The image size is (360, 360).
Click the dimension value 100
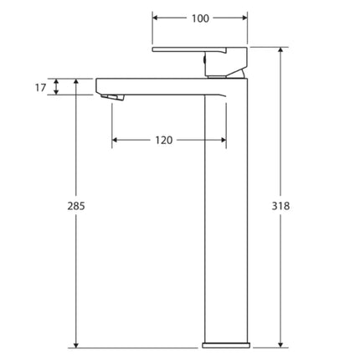200,17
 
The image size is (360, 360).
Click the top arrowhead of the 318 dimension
280,51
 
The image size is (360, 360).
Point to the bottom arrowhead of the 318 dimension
280,342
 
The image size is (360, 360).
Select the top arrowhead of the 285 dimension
77,82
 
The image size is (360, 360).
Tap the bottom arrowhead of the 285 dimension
77,342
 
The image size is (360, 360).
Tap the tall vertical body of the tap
226,218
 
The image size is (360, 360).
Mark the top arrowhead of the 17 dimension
57,82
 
